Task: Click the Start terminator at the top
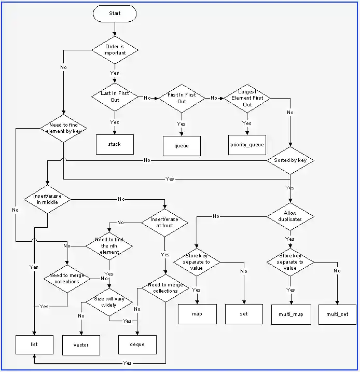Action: click(x=115, y=13)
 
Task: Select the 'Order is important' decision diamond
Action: click(x=115, y=50)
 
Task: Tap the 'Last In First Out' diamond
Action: click(x=115, y=97)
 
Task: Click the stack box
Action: click(x=115, y=144)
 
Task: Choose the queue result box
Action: click(x=182, y=146)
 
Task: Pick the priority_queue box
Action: click(x=247, y=145)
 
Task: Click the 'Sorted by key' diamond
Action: click(x=290, y=160)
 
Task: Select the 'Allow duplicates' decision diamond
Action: click(x=290, y=216)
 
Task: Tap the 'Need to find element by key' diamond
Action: click(x=63, y=128)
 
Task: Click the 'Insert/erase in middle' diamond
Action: click(x=47, y=199)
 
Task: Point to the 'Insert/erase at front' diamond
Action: click(x=164, y=223)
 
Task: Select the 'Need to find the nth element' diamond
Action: click(x=109, y=245)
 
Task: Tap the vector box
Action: click(x=81, y=345)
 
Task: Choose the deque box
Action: click(x=137, y=344)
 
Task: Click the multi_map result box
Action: click(x=291, y=314)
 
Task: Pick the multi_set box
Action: click(x=337, y=314)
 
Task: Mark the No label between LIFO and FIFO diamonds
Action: click(x=147, y=98)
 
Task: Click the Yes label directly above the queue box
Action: click(x=181, y=124)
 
